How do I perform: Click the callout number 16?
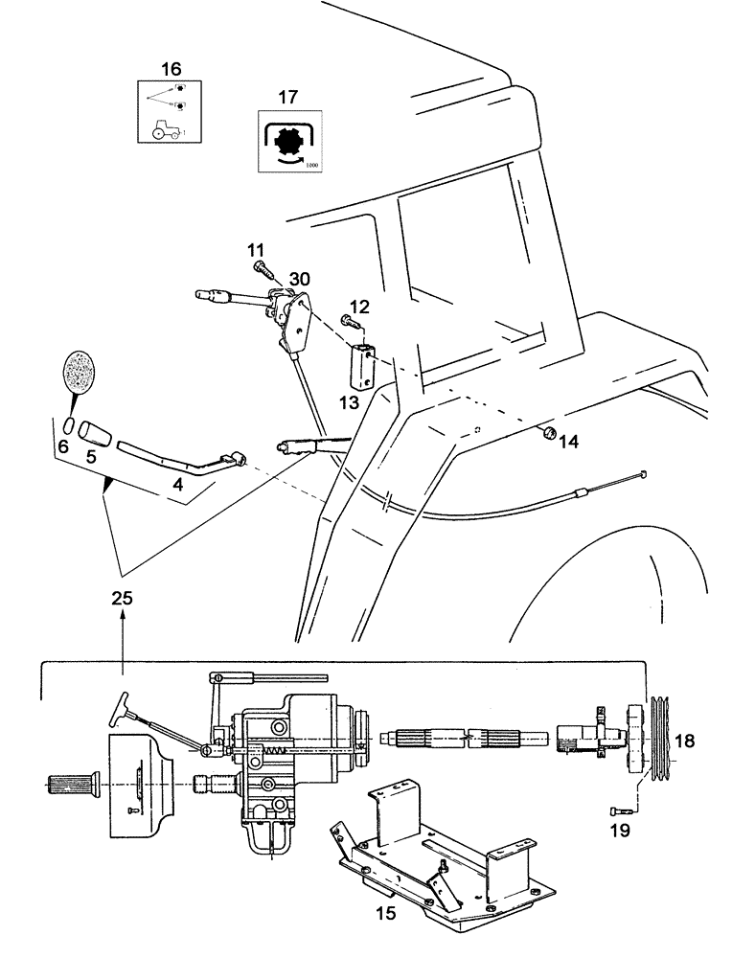pyautogui.click(x=170, y=69)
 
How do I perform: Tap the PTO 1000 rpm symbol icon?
pyautogui.click(x=288, y=145)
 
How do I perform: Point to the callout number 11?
pyautogui.click(x=256, y=250)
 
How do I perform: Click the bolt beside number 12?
pyautogui.click(x=346, y=324)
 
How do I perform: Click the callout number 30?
pyautogui.click(x=300, y=278)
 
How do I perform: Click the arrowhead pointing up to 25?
pyautogui.click(x=123, y=620)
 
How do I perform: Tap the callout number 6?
pyautogui.click(x=63, y=445)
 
